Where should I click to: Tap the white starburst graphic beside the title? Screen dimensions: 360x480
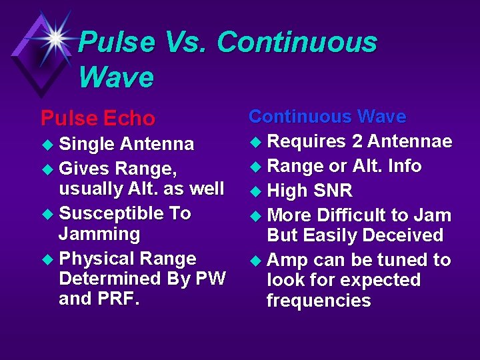click(55, 37)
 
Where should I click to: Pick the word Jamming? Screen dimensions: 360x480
click(99, 234)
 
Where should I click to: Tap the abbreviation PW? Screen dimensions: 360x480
click(209, 279)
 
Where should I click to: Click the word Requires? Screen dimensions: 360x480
click(306, 141)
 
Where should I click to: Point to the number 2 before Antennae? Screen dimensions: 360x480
click(358, 141)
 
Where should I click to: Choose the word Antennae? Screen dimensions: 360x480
click(410, 141)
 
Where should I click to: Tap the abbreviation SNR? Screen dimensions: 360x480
click(329, 191)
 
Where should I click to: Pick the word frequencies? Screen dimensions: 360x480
click(319, 301)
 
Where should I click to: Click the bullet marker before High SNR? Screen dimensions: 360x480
click(254, 192)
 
